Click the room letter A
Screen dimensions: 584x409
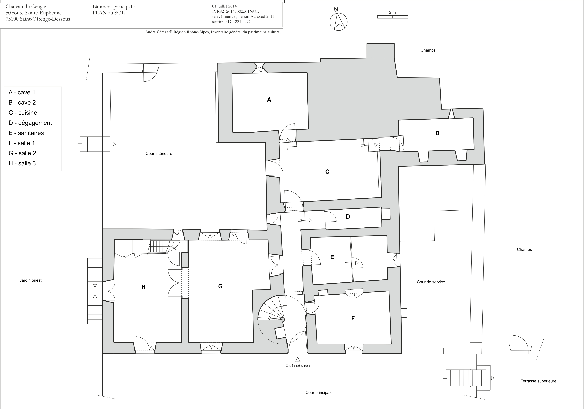tap(269, 100)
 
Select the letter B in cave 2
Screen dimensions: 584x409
tap(437, 133)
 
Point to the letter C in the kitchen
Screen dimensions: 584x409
tap(327, 172)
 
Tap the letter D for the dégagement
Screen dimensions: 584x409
tap(348, 217)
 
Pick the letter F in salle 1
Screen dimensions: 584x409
tap(353, 318)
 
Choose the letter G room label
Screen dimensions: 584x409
tap(220, 286)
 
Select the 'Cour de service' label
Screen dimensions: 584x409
tap(431, 282)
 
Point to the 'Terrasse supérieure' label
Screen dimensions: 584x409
tap(539, 381)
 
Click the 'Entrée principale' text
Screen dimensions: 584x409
tap(298, 365)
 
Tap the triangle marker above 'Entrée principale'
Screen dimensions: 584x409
tap(298, 360)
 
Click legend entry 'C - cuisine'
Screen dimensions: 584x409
tap(23, 113)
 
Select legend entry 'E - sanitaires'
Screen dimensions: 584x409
tap(26, 133)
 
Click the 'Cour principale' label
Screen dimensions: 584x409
tap(319, 392)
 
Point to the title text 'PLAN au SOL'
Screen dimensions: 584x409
tap(109, 13)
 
